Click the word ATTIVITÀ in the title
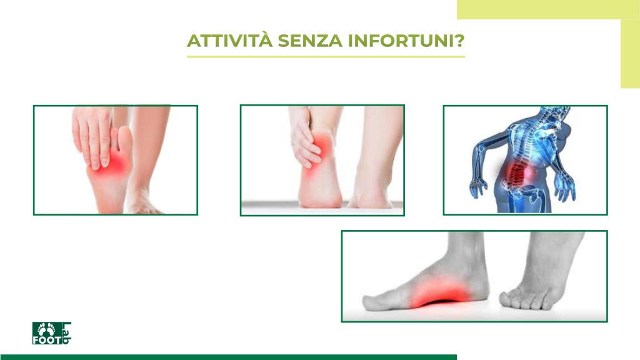tap(230, 41)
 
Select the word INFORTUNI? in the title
tap(406, 41)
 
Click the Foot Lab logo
tap(51, 333)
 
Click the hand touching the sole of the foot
tap(93, 137)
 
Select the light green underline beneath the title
tap(326, 57)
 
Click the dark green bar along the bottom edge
tap(229, 357)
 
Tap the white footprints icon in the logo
tap(46, 329)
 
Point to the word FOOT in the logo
tap(47, 340)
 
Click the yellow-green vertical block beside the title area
tap(630, 54)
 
